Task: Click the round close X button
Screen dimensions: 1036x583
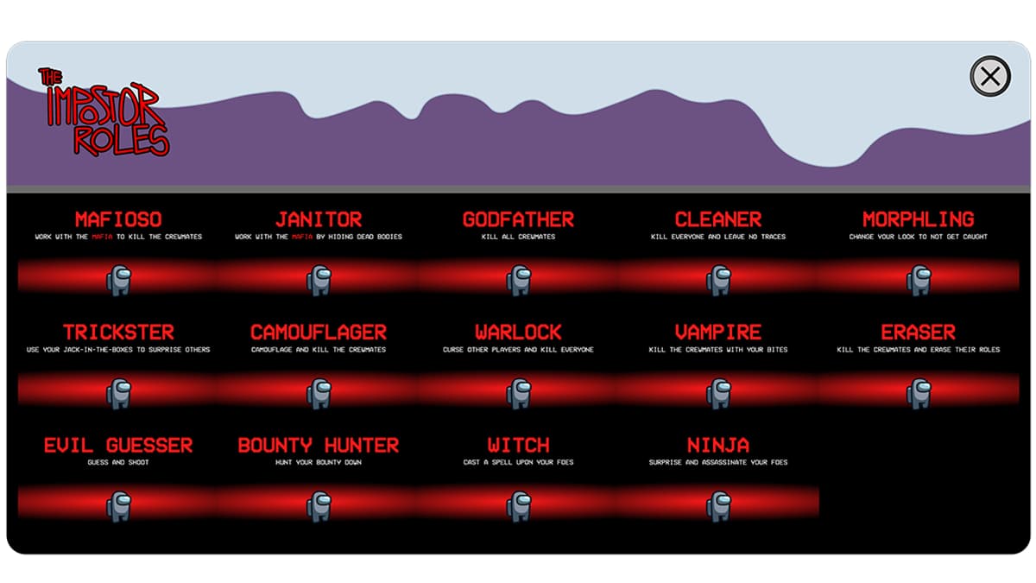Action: tap(989, 76)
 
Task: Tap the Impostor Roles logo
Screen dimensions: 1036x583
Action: tap(104, 111)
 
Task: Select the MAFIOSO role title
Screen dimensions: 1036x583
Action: tap(118, 219)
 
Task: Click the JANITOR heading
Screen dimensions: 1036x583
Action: tap(319, 219)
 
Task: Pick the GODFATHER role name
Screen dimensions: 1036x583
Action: tap(519, 219)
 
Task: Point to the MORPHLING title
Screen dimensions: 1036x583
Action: tap(919, 219)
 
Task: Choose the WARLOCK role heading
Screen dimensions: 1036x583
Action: tap(519, 333)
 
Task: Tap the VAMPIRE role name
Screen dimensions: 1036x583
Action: tap(718, 333)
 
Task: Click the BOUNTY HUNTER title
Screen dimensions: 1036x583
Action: tap(319, 445)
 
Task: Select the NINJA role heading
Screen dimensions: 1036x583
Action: tap(718, 445)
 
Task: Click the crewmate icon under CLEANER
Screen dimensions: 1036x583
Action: tap(718, 281)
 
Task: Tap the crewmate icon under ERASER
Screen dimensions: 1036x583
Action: tap(919, 394)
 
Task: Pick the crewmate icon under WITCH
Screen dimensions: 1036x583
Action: tap(519, 507)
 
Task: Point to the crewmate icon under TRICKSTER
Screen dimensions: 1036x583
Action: tap(119, 394)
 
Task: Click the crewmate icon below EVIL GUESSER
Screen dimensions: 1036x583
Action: tap(119, 507)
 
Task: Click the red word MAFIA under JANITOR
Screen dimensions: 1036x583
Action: tap(302, 237)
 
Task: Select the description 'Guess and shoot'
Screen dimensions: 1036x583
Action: tap(118, 462)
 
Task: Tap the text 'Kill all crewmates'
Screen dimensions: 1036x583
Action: tap(519, 237)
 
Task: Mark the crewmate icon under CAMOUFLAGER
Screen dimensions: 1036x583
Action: tap(319, 394)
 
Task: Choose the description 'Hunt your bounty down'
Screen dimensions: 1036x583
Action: tap(319, 462)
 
